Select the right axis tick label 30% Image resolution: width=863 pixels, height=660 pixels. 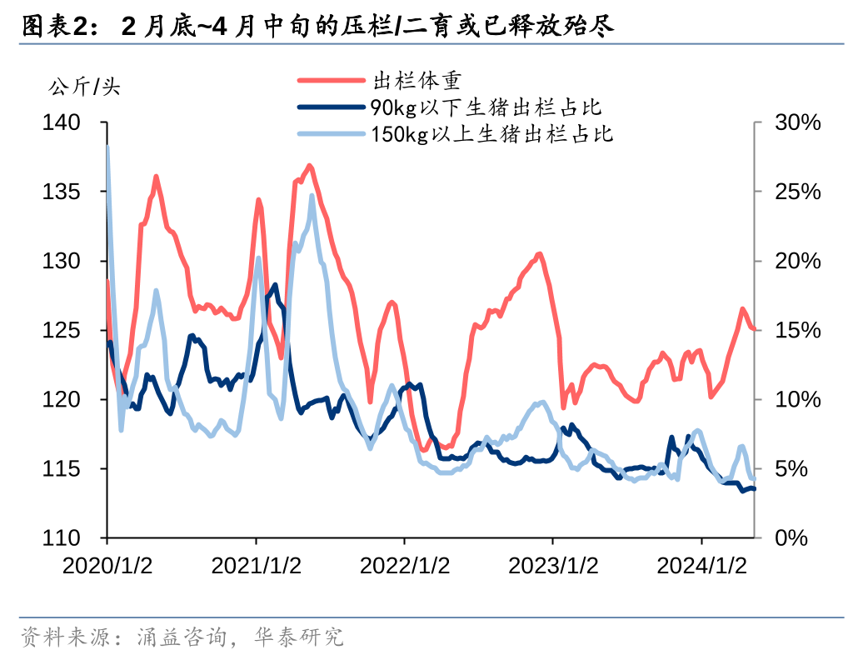pos(797,123)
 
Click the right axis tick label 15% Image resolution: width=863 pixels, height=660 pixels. pos(797,331)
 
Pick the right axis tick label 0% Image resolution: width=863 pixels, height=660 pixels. pos(791,538)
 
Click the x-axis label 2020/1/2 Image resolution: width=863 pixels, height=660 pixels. pos(107,566)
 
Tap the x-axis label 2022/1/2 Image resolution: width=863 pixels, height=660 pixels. pos(405,566)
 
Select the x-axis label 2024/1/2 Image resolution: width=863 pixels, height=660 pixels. pos(701,566)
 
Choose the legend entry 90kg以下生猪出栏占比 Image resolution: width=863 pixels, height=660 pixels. pos(486,107)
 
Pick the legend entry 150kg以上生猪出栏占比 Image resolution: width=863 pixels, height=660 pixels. pos(492,133)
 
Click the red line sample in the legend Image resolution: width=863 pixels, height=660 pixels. pos(331,81)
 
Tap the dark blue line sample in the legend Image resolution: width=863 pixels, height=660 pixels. pos(331,107)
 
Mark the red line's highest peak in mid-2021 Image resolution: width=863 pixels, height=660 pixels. pos(309,166)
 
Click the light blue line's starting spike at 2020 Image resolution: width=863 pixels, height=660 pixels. pos(107,147)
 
